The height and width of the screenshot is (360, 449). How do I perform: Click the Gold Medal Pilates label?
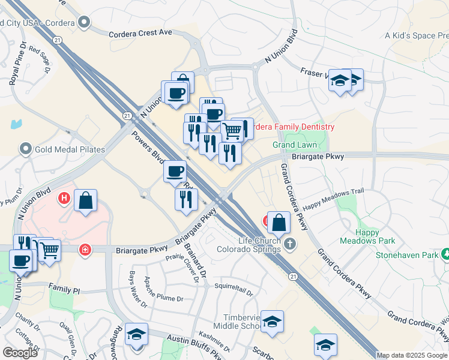(70, 149)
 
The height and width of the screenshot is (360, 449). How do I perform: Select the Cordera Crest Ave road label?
(140, 34)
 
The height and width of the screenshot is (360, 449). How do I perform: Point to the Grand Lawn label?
(295, 145)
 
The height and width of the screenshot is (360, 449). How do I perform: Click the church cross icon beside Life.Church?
(290, 243)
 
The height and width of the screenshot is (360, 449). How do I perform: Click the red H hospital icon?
(63, 197)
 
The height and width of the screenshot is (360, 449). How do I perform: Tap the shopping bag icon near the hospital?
(86, 200)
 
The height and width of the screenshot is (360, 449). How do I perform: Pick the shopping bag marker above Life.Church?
(279, 223)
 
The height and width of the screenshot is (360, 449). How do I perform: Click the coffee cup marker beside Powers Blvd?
(175, 171)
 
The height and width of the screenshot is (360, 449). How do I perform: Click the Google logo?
(20, 352)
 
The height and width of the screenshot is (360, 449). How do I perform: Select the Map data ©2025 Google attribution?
(412, 355)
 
